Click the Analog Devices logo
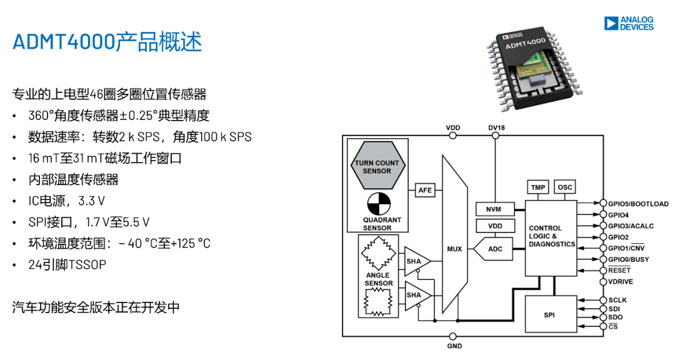click(629, 24)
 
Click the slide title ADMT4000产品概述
click(107, 42)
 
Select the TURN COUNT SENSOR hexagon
click(377, 167)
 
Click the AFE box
click(425, 190)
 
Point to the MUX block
click(454, 249)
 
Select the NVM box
click(494, 209)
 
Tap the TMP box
click(537, 187)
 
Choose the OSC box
click(564, 187)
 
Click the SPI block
click(549, 315)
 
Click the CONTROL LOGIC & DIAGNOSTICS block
click(551, 236)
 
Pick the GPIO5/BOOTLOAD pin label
click(638, 204)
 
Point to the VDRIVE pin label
click(621, 282)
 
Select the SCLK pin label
click(617, 300)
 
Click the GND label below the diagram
click(454, 346)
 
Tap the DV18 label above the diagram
click(496, 128)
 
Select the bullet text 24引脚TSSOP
click(67, 264)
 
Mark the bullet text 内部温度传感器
click(73, 179)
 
